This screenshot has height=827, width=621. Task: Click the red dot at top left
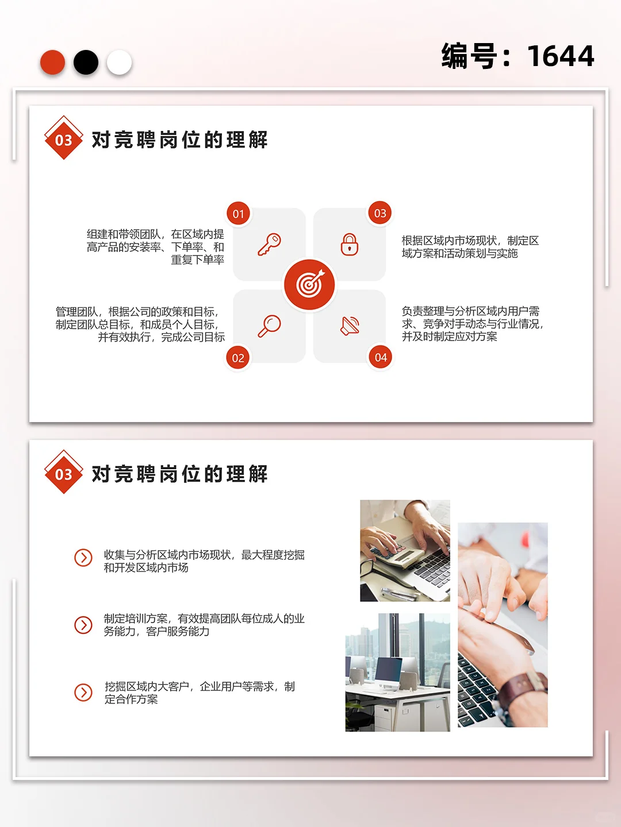pyautogui.click(x=52, y=63)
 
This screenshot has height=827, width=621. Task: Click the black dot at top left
pyautogui.click(x=86, y=63)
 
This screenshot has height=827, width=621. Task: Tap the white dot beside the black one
pyautogui.click(x=119, y=63)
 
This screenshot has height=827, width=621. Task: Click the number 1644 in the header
pyautogui.click(x=560, y=56)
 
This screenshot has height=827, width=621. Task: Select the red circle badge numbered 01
pyautogui.click(x=238, y=214)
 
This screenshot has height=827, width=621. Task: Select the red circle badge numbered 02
pyautogui.click(x=238, y=358)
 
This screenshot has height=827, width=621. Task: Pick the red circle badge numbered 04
pyautogui.click(x=381, y=357)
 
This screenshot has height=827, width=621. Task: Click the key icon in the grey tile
pyautogui.click(x=269, y=244)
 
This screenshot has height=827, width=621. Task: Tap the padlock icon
pyautogui.click(x=350, y=244)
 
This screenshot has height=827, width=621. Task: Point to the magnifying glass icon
pyautogui.click(x=269, y=326)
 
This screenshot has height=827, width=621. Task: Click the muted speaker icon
pyautogui.click(x=350, y=326)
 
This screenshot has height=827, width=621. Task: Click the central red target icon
pyautogui.click(x=309, y=284)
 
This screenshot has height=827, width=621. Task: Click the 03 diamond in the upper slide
pyautogui.click(x=63, y=140)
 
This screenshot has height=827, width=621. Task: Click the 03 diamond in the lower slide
pyautogui.click(x=63, y=474)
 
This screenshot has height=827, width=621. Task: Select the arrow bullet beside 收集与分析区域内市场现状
pyautogui.click(x=83, y=558)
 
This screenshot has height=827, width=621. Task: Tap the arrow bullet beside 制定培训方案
pyautogui.click(x=83, y=625)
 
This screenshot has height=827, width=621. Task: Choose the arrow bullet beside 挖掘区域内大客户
pyautogui.click(x=83, y=693)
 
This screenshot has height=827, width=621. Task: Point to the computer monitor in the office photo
pyautogui.click(x=389, y=670)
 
